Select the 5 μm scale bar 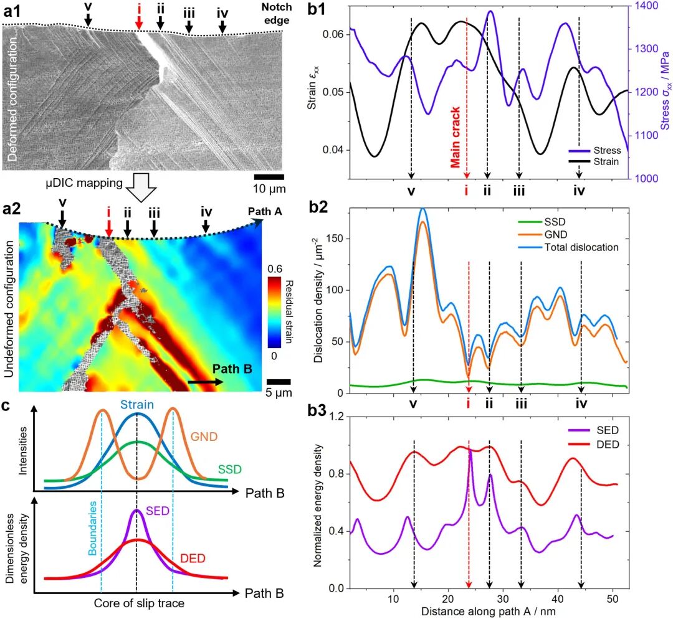[x=279, y=382]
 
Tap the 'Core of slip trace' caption [x=135, y=603]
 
